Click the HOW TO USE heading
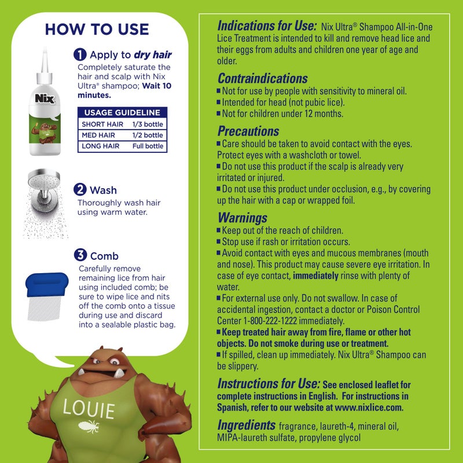click(97, 29)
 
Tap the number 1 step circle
click(80, 55)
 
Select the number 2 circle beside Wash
click(80, 189)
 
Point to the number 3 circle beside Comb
click(80, 255)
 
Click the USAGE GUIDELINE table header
click(122, 113)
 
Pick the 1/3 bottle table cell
click(147, 124)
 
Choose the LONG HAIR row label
click(101, 146)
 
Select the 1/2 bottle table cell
click(147, 135)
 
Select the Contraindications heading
click(263, 79)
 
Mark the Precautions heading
click(248, 131)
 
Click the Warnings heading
click(242, 218)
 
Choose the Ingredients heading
click(246, 425)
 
